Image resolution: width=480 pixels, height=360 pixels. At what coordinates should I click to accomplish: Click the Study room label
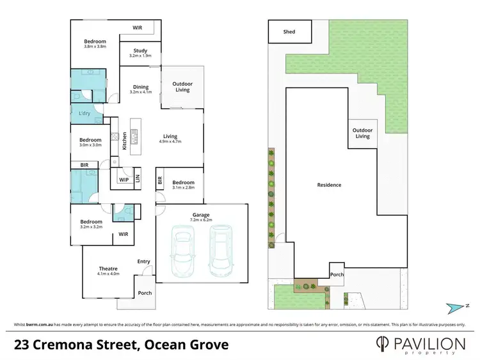click(x=140, y=51)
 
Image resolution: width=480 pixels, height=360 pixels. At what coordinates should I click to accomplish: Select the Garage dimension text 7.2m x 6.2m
click(x=201, y=220)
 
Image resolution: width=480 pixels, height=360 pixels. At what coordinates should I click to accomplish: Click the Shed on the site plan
click(x=289, y=31)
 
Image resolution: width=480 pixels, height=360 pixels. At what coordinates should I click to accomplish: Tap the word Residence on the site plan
click(x=329, y=185)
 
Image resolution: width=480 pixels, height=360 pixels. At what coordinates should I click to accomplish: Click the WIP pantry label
click(x=124, y=180)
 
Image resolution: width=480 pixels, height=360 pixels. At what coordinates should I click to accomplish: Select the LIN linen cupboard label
click(x=137, y=179)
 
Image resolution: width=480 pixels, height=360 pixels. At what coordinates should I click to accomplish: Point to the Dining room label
click(x=140, y=87)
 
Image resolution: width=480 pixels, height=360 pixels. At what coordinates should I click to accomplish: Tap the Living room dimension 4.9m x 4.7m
click(x=170, y=141)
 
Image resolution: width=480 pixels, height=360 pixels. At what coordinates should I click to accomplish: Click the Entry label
click(x=144, y=262)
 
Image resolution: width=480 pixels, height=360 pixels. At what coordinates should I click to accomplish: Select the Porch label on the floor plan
click(x=145, y=293)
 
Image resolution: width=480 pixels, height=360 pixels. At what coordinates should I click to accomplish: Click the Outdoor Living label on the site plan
click(x=362, y=133)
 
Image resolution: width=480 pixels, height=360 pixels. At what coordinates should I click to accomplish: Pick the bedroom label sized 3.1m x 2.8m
click(x=183, y=185)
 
